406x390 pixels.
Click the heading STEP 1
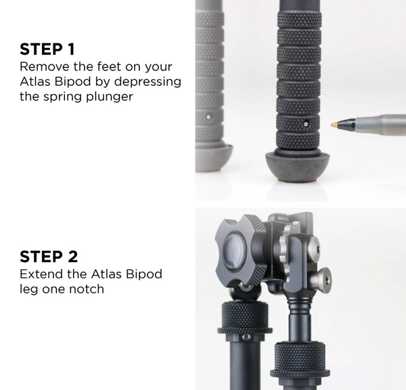(x=47, y=49)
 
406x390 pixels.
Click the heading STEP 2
(x=49, y=257)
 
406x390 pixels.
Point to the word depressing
(x=148, y=82)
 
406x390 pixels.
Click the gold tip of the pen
(x=334, y=124)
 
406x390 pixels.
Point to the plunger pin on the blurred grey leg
(x=208, y=117)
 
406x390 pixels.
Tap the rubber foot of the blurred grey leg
(x=215, y=158)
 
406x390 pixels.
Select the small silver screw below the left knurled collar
(x=246, y=337)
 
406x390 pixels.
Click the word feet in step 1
(x=110, y=67)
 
